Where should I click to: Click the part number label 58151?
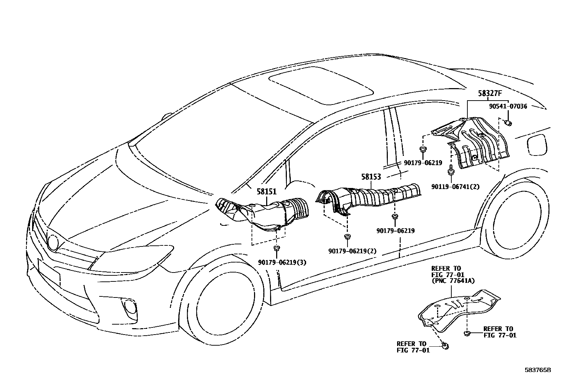tap(267, 192)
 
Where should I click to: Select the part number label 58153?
tap(371, 176)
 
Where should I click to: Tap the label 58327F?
tap(490, 94)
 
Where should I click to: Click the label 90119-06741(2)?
tap(455, 187)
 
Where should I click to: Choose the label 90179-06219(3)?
tap(282, 263)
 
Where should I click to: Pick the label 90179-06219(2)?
tap(352, 251)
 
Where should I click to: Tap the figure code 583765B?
tap(538, 370)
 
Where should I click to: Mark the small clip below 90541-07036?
tap(509, 123)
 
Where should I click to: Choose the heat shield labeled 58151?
tap(264, 214)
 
